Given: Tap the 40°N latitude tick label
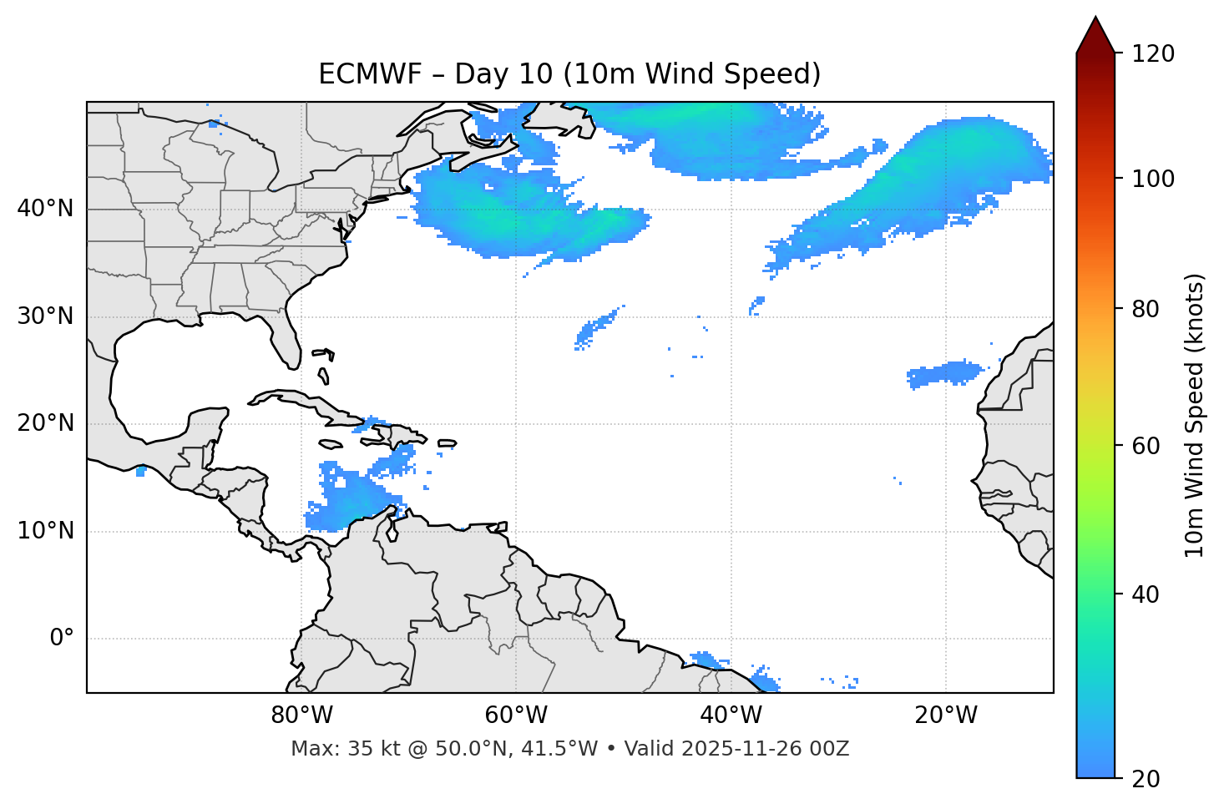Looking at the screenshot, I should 45,209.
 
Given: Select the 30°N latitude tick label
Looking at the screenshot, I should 45,316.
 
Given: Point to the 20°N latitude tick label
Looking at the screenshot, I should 45,423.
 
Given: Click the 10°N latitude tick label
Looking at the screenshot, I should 45,531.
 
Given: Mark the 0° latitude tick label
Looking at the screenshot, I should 62,639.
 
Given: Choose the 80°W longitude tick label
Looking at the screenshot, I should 301,715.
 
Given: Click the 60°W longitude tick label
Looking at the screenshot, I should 516,715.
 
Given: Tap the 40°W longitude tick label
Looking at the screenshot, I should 731,715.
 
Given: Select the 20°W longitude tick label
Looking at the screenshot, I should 946,715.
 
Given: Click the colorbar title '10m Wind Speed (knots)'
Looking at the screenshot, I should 1195,416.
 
